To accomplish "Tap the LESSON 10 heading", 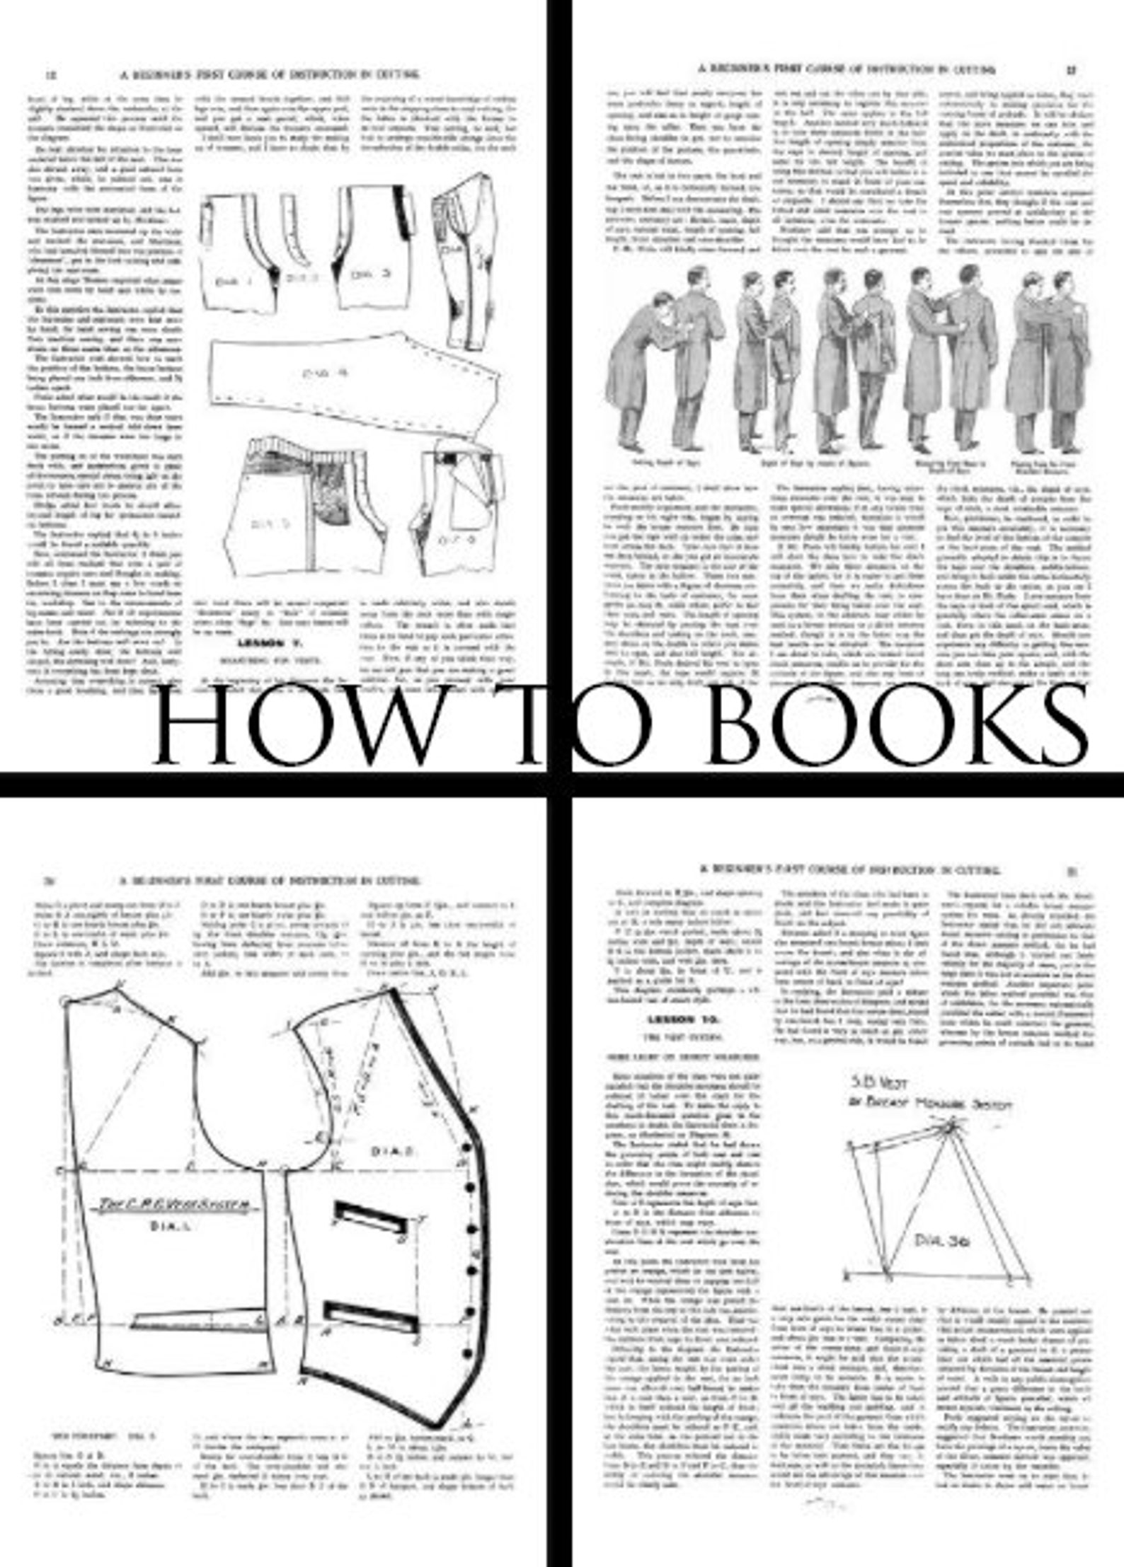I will [x=684, y=1020].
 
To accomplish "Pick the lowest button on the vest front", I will [x=468, y=1353].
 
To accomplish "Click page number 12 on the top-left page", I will [x=51, y=73].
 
